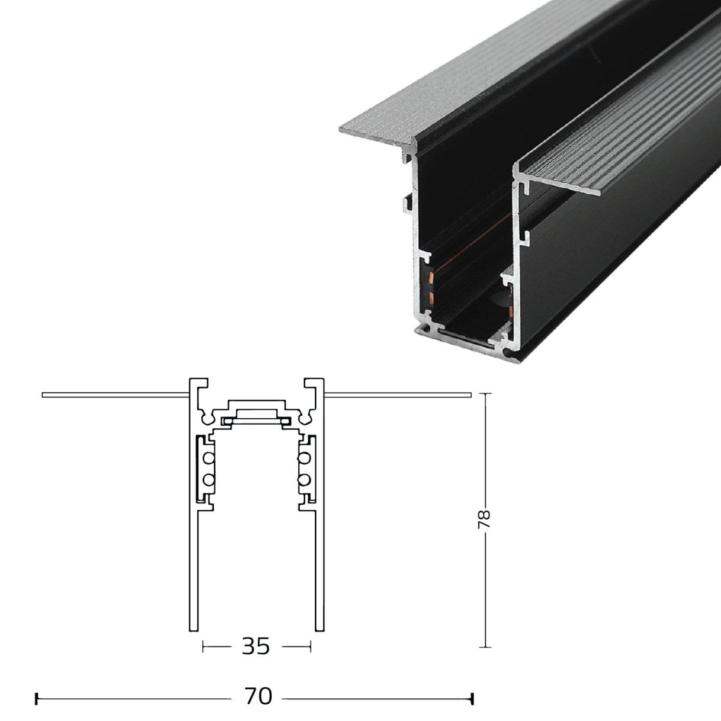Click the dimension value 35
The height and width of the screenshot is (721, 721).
257,646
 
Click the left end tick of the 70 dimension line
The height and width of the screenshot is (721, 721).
38,699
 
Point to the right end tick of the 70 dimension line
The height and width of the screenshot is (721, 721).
473,699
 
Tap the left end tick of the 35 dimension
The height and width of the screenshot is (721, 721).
204,646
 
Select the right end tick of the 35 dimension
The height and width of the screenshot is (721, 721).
310,646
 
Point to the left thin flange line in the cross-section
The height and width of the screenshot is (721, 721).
114,395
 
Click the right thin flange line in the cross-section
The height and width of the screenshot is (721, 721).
397,395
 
